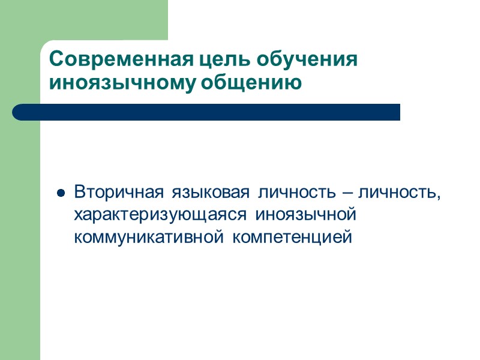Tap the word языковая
(x=210, y=193)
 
